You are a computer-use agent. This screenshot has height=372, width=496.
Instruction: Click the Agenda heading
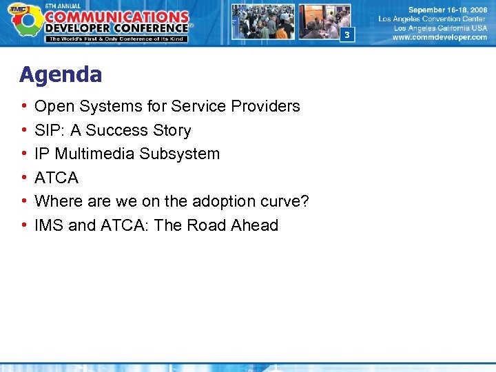click(61, 74)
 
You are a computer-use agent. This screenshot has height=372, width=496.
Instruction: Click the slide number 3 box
click(347, 34)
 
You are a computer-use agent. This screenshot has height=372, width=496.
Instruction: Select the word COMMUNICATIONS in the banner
click(116, 17)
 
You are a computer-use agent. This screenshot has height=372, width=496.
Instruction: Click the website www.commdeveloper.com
click(439, 38)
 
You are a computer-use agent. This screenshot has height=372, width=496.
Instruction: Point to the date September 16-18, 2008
click(446, 10)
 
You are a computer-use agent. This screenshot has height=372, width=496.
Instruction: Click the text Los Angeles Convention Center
click(432, 19)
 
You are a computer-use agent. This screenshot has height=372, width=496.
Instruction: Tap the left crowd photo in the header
click(262, 21)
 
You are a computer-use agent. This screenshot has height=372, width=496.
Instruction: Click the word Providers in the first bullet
click(269, 106)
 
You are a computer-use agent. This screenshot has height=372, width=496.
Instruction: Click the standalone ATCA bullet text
click(56, 178)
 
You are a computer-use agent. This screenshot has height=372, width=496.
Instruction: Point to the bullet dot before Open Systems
click(24, 107)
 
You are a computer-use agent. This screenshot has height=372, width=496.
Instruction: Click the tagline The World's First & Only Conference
click(116, 39)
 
